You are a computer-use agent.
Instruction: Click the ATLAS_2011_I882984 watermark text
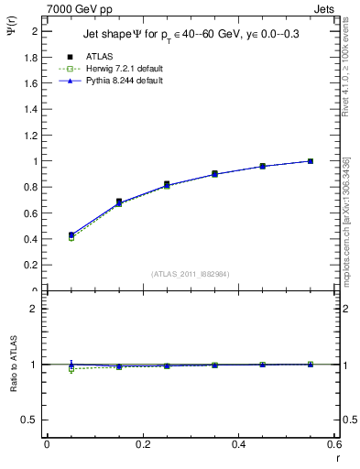191,274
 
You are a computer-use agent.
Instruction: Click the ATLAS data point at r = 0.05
71,235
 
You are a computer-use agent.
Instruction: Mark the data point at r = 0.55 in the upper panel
311,161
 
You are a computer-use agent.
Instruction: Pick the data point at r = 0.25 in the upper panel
167,184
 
